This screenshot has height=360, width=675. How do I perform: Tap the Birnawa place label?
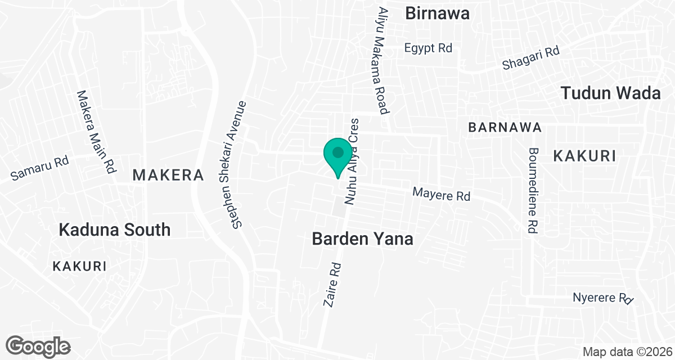[x=437, y=13]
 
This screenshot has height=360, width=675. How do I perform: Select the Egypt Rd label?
[x=428, y=48]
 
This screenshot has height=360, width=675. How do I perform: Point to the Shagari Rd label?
[x=532, y=58]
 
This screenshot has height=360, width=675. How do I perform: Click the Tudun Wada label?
[x=611, y=93]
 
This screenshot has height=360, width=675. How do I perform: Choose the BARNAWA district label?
[x=505, y=128]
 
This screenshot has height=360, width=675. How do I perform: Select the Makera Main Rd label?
[x=96, y=130]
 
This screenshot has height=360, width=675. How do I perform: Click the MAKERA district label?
[x=168, y=175]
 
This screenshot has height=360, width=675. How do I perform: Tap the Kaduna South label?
[x=114, y=229]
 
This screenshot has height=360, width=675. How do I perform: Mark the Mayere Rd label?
[x=441, y=195]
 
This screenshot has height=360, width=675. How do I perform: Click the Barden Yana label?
[x=362, y=239]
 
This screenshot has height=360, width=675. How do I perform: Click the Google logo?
[x=38, y=345]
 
